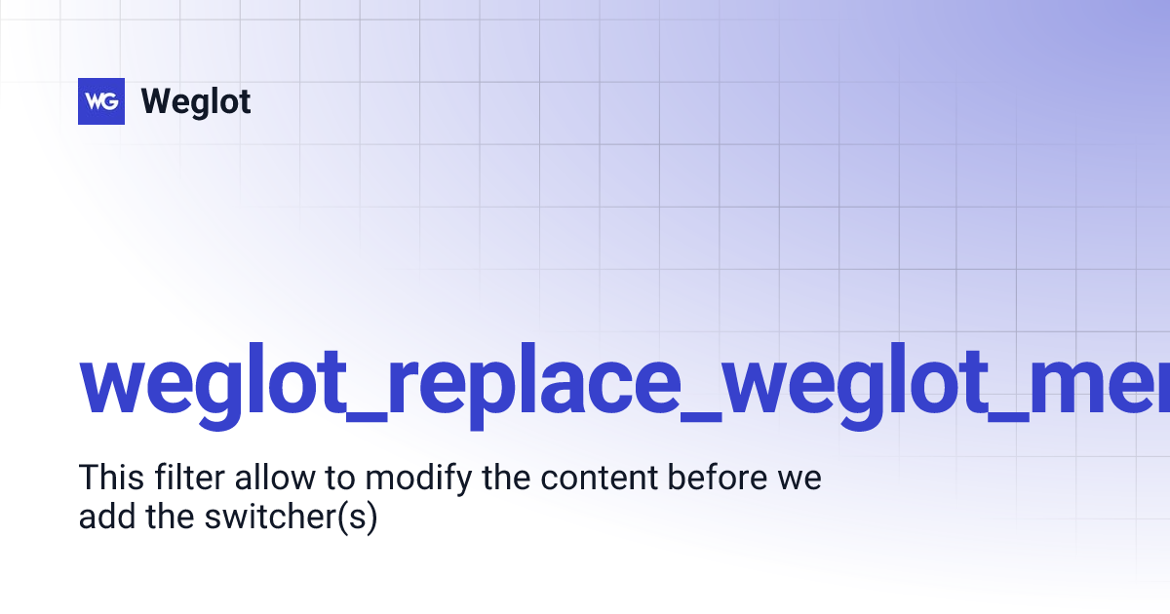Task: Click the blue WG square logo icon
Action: pos(101,101)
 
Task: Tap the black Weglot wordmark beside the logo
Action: pos(196,101)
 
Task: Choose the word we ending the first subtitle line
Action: pos(802,479)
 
